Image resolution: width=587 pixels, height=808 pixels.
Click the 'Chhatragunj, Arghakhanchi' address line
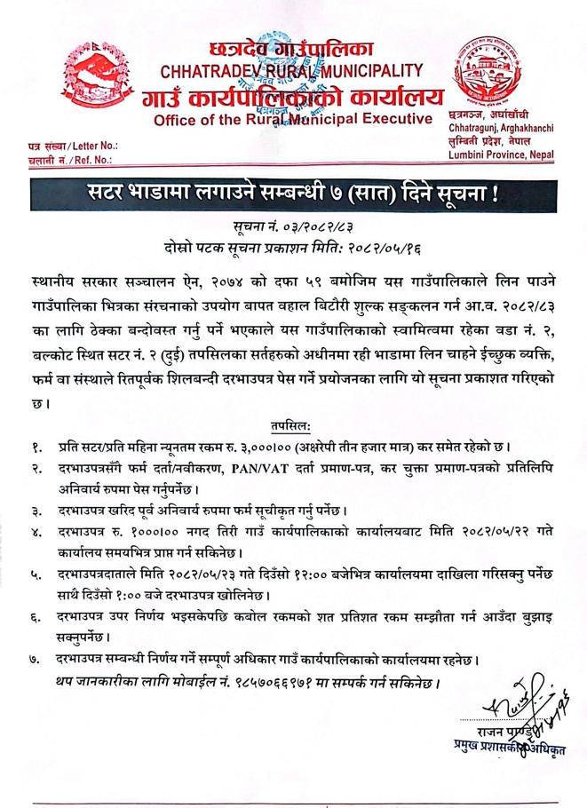pyautogui.click(x=504, y=131)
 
